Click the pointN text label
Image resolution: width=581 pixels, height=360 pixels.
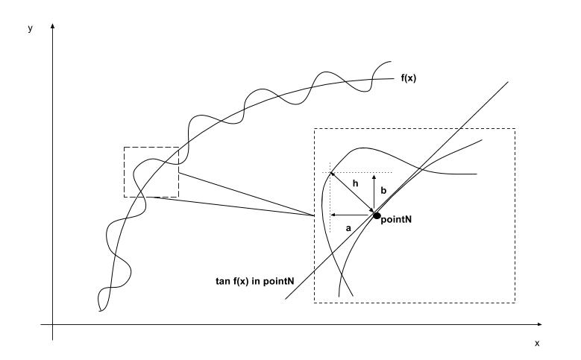(397, 221)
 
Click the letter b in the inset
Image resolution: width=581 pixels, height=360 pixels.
(383, 191)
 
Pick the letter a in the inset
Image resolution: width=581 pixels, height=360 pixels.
(348, 229)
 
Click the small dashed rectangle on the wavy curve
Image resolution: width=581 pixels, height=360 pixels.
(151, 172)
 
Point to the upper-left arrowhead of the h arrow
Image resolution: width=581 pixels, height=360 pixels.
(332, 174)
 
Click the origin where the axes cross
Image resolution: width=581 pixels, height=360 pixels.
(53, 325)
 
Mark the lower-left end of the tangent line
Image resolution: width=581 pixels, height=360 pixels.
(284, 300)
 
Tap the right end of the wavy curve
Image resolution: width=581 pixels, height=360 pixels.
(392, 61)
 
